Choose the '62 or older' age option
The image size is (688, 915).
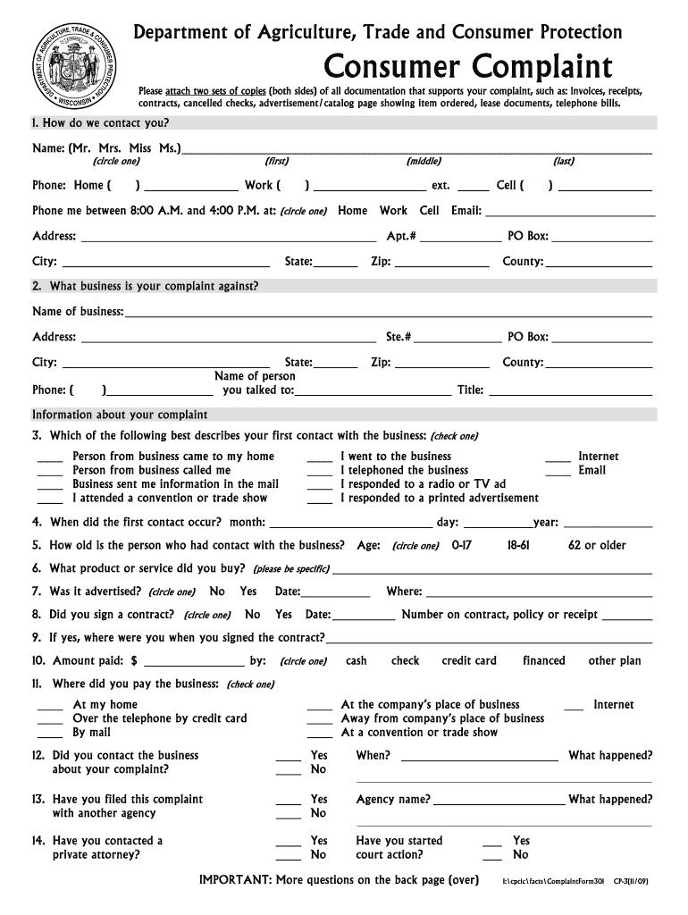(597, 545)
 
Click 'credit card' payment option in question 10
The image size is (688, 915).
(469, 661)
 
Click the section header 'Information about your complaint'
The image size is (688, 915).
(120, 415)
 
